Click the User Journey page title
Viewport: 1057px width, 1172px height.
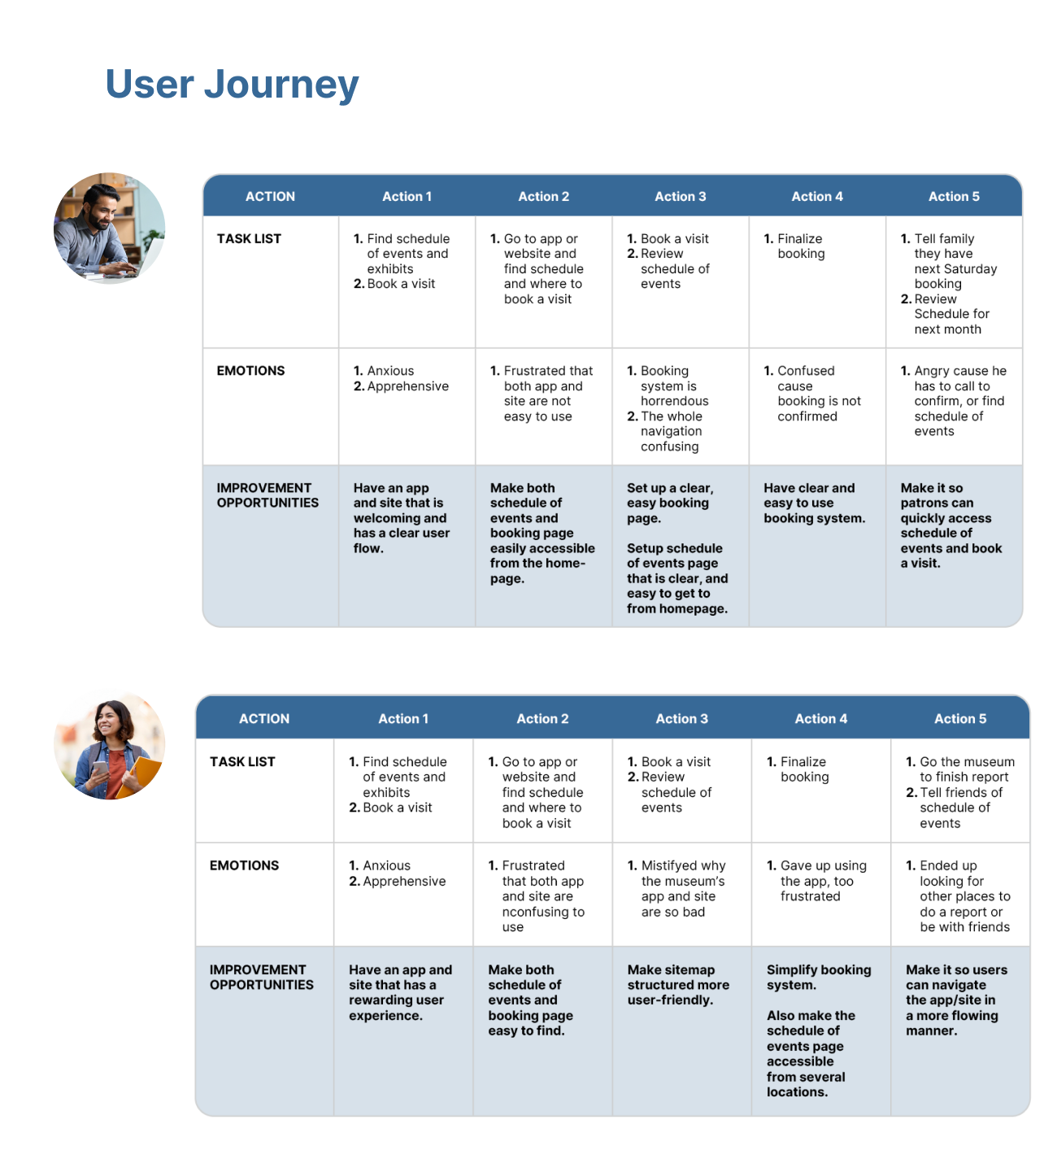232,85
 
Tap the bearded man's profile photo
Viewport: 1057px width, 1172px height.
109,228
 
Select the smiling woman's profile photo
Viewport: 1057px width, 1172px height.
109,746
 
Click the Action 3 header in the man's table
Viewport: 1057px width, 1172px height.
680,196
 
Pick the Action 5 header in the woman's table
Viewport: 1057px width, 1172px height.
959,719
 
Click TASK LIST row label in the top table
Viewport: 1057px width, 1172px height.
249,238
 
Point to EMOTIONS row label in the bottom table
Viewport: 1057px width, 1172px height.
244,865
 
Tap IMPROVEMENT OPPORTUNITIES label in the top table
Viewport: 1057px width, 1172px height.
268,495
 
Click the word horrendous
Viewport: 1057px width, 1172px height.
674,401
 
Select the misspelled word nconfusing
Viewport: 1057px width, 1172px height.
543,912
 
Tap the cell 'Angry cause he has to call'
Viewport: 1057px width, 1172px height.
954,401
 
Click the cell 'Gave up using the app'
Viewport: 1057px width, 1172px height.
816,881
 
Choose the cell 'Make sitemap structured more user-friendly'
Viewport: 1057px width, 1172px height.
678,984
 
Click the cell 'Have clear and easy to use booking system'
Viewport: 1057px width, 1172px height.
814,503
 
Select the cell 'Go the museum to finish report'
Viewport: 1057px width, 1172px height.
960,769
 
